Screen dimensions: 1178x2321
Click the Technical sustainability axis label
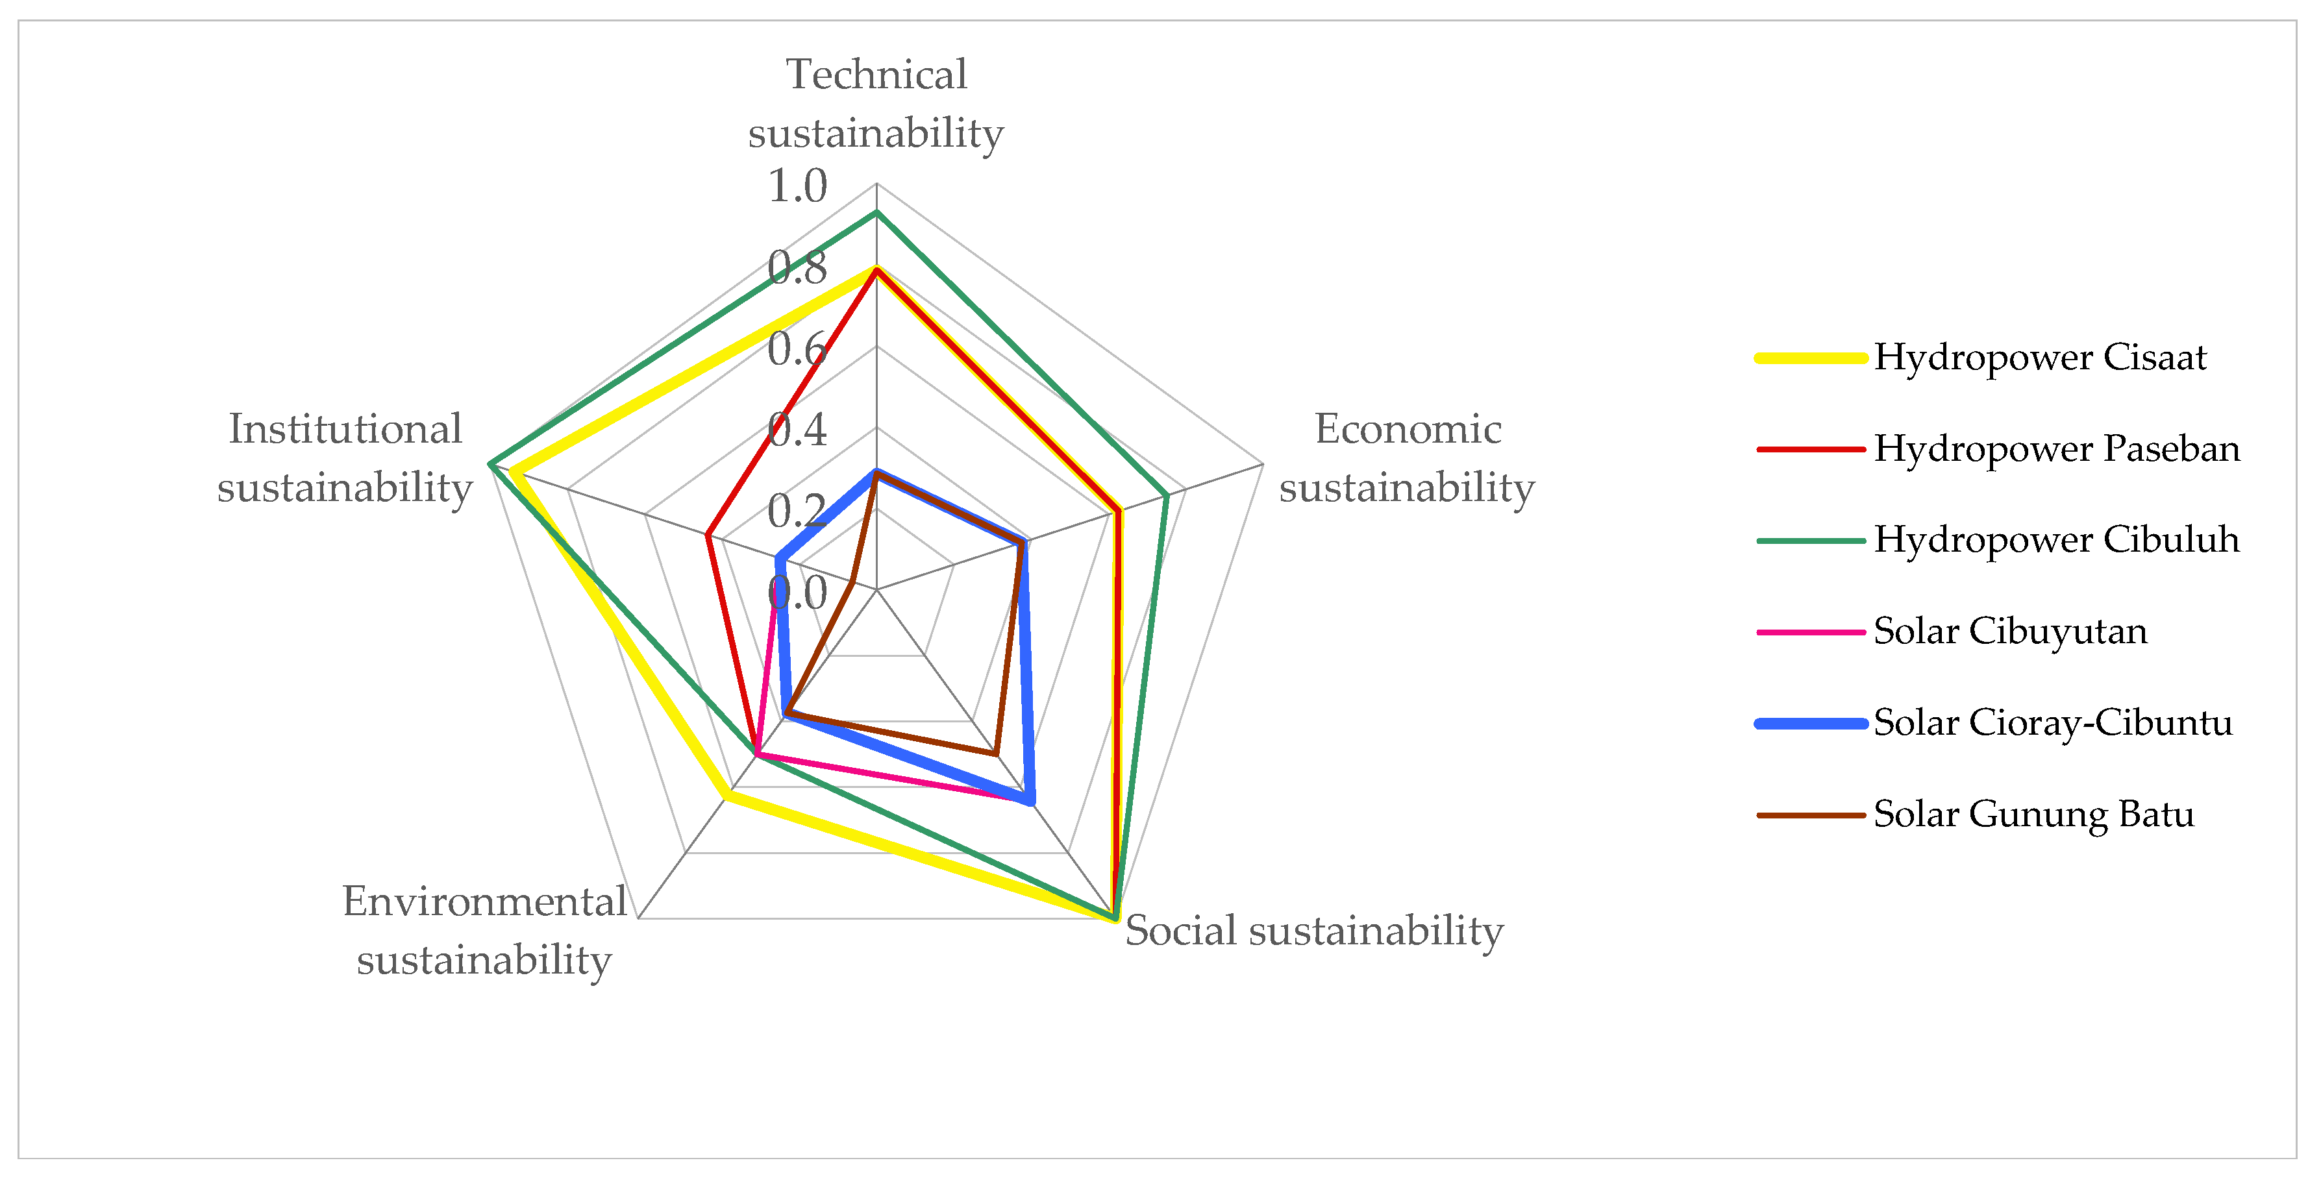coord(876,104)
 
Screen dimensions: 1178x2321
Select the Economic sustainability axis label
coord(1406,458)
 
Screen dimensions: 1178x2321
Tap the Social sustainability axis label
coord(1313,930)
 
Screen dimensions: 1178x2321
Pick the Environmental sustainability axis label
coord(485,930)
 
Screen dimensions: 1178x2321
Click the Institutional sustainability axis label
coord(345,458)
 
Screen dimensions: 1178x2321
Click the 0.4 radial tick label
coord(797,430)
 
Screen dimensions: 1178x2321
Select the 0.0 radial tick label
coord(797,593)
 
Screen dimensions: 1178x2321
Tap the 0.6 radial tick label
coord(797,349)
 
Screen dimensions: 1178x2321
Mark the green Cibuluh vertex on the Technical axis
coord(876,212)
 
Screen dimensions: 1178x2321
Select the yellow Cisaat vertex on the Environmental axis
coord(727,795)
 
